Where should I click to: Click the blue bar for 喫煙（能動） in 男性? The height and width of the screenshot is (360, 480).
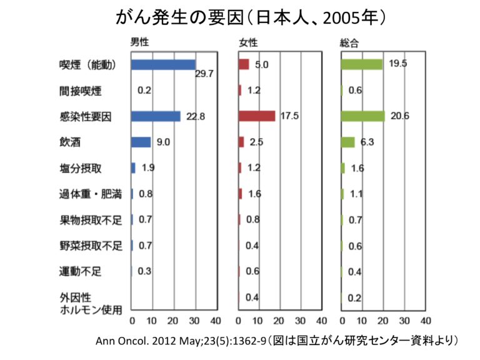pyautogui.click(x=163, y=64)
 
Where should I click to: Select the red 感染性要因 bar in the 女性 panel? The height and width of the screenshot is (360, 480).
pyautogui.click(x=257, y=116)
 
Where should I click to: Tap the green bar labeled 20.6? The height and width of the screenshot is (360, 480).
pyautogui.click(x=362, y=116)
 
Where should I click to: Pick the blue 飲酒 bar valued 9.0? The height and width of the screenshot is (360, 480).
pyautogui.click(x=141, y=142)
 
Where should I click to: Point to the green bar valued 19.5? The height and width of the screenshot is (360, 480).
pyautogui.click(x=361, y=64)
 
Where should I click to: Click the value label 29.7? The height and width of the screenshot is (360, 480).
pyautogui.click(x=205, y=74)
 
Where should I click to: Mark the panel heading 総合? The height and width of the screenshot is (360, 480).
pyautogui.click(x=349, y=42)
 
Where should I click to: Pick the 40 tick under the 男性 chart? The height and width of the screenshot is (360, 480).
pyautogui.click(x=215, y=321)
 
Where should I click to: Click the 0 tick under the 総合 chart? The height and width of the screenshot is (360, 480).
pyautogui.click(x=342, y=321)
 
